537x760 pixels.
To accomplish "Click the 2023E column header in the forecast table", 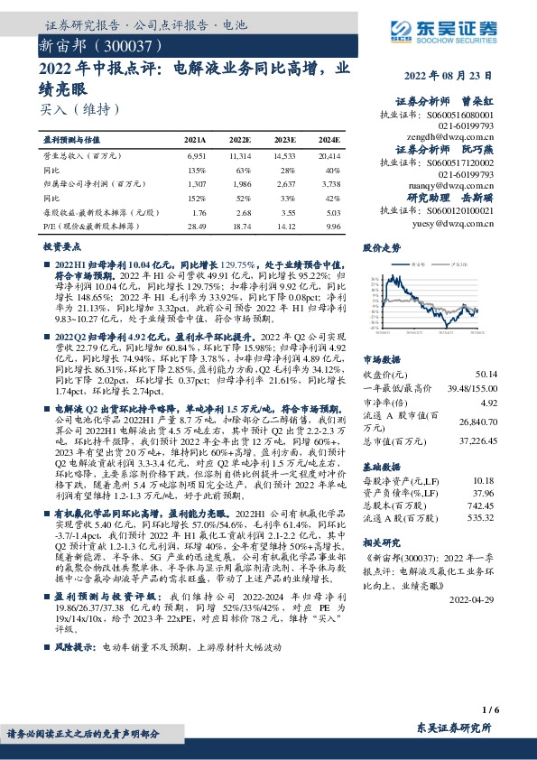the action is coord(284,141).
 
